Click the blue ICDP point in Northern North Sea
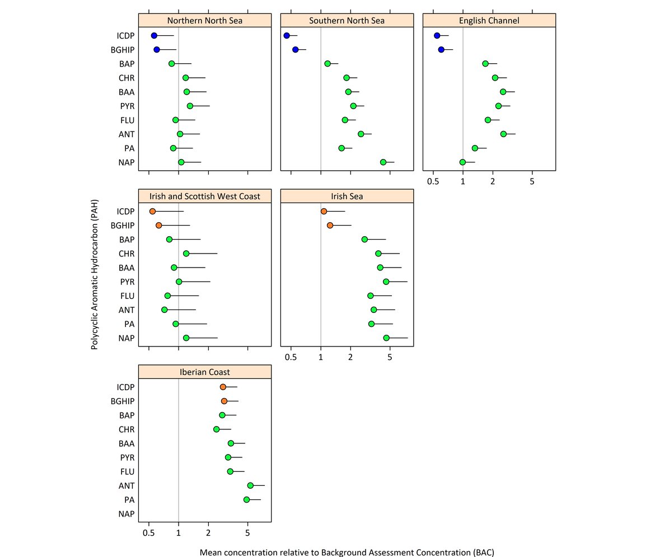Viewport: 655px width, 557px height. click(154, 36)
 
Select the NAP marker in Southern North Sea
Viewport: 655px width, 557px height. click(383, 162)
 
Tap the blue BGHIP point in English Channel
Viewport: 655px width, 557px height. click(441, 50)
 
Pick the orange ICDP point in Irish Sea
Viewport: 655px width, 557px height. click(324, 211)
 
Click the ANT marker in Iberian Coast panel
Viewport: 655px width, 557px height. click(250, 485)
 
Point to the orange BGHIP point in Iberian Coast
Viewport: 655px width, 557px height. click(224, 401)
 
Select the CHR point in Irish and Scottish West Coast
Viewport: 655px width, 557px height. click(186, 254)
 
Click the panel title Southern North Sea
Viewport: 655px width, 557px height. click(347, 21)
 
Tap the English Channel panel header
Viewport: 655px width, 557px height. click(489, 21)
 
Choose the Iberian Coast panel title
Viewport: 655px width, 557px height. click(204, 372)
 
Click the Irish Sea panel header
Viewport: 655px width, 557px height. click(347, 196)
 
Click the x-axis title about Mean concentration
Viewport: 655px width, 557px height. click(347, 552)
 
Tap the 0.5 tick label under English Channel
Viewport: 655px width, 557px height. click(433, 182)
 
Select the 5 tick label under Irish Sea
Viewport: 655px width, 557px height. click(390, 358)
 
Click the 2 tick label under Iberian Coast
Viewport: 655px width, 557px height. click(208, 533)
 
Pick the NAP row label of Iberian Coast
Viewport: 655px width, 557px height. click(125, 514)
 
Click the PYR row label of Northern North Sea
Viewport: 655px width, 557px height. click(125, 106)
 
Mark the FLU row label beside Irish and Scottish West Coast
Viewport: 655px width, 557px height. click(125, 296)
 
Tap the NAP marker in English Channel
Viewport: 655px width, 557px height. click(462, 162)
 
